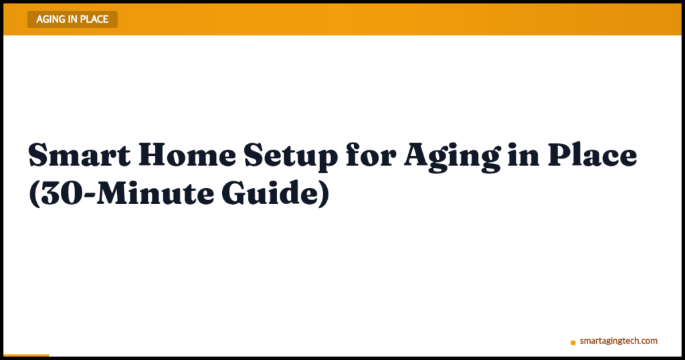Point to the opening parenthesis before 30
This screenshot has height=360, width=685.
[33, 195]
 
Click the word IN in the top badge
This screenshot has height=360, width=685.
[74, 19]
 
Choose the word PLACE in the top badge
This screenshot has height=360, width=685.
[94, 19]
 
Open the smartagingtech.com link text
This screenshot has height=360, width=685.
[618, 341]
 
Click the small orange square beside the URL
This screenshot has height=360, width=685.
[573, 343]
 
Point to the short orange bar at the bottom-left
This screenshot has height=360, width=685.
[26, 355]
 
